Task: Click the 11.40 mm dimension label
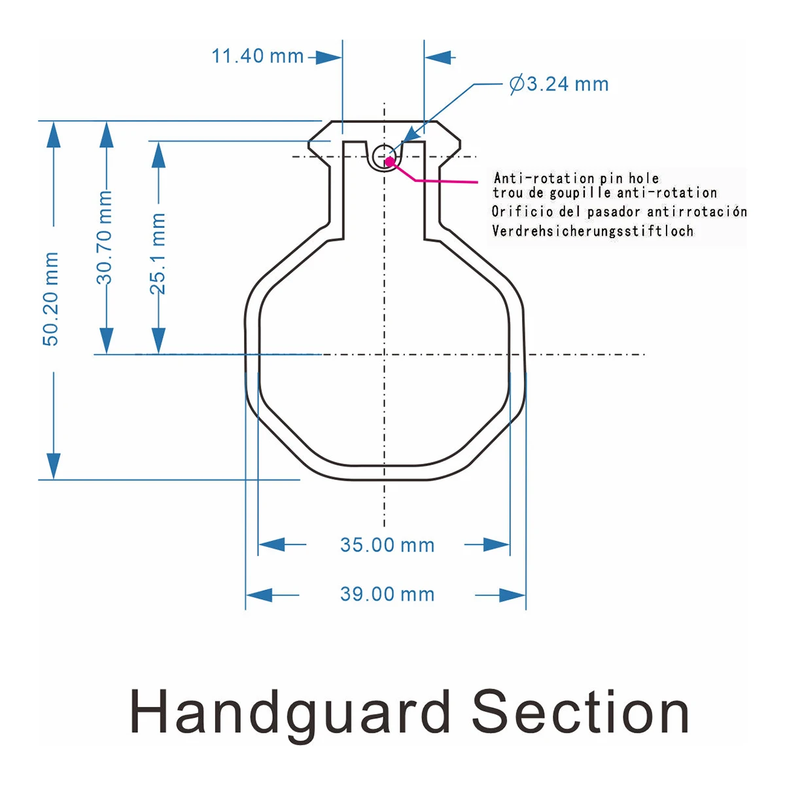[258, 56]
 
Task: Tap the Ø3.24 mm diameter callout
[559, 84]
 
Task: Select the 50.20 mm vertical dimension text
[51, 299]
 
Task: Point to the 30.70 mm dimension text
[104, 237]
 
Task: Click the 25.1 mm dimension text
[158, 253]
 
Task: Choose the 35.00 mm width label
[387, 545]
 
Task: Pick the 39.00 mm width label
[387, 594]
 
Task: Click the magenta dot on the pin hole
[389, 162]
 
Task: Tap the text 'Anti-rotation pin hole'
[576, 178]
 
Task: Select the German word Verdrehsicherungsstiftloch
[593, 231]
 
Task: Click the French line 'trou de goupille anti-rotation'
[605, 193]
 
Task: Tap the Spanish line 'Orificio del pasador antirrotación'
[619, 211]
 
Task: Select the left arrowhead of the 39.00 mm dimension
[259, 595]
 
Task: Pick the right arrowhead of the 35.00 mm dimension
[496, 544]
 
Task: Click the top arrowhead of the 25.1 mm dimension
[158, 155]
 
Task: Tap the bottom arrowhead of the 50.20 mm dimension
[54, 466]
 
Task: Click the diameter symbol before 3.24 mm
[517, 84]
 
